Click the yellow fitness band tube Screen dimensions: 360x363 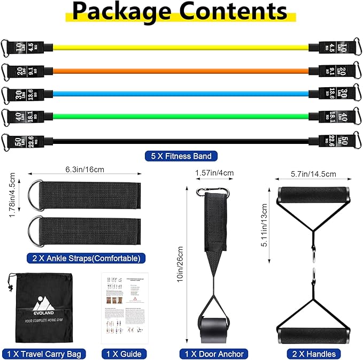[182, 47]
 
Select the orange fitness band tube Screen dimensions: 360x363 [182, 70]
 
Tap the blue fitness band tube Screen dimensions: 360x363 [182, 93]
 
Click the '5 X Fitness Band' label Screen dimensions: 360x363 [181, 156]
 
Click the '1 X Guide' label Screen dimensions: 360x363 [123, 354]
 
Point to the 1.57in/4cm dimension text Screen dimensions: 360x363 [214, 173]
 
